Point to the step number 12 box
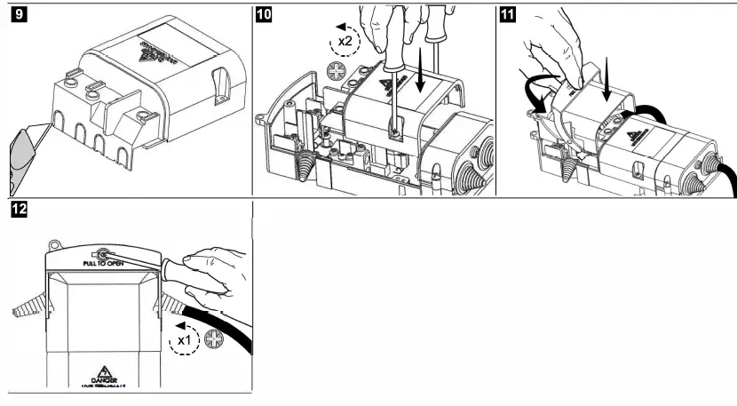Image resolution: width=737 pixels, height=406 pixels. [x=17, y=211]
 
